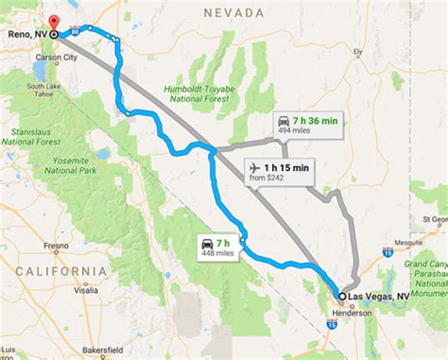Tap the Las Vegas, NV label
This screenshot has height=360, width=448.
(378, 296)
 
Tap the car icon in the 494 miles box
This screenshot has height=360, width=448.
(284, 121)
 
